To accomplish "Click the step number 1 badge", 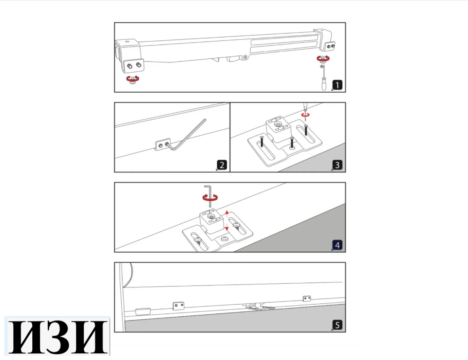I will pos(338,86).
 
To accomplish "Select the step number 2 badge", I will pos(222,165).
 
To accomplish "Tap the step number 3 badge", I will pos(338,165).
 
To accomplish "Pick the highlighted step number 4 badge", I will pos(338,245).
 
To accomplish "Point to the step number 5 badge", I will pos(338,325).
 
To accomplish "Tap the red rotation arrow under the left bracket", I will pos(133,78).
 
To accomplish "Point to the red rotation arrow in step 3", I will pos(306,114).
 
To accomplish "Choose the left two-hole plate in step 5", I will pos(179,305).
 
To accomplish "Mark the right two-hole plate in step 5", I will pos(307,298).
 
